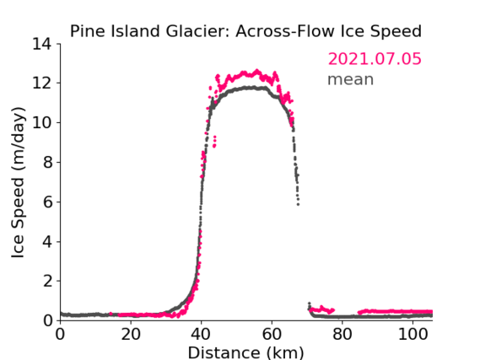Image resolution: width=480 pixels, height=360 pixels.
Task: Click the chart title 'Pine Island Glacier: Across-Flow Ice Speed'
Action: click(245, 31)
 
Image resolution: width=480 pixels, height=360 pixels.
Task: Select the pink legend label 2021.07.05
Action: click(375, 59)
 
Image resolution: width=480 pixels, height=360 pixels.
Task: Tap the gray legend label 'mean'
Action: click(351, 79)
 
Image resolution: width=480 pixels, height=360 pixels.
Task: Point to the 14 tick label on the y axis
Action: click(42, 45)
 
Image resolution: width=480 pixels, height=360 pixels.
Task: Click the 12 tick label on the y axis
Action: click(42, 83)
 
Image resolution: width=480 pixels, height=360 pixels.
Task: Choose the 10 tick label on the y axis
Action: click(42, 122)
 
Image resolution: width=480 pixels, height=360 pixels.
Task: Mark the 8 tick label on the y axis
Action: click(47, 162)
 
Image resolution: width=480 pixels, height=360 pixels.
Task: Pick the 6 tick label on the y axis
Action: click(47, 201)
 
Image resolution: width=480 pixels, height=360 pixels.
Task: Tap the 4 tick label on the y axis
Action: click(47, 242)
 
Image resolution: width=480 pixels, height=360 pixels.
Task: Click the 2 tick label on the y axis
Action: click(47, 281)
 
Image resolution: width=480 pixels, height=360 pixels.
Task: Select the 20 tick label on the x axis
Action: click(131, 334)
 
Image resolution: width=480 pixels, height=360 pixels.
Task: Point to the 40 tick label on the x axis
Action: click(201, 334)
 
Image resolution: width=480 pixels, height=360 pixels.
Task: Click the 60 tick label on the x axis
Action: click(272, 334)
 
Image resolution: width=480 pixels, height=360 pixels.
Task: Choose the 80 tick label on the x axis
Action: click(342, 334)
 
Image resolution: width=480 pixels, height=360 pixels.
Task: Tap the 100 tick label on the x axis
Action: click(413, 334)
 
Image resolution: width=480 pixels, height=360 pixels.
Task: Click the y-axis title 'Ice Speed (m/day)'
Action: click(18, 182)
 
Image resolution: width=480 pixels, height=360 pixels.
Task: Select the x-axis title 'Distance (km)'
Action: click(245, 352)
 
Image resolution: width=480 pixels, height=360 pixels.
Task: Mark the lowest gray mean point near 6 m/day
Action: click(298, 204)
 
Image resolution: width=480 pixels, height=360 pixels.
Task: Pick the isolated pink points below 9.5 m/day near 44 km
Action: click(214, 142)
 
